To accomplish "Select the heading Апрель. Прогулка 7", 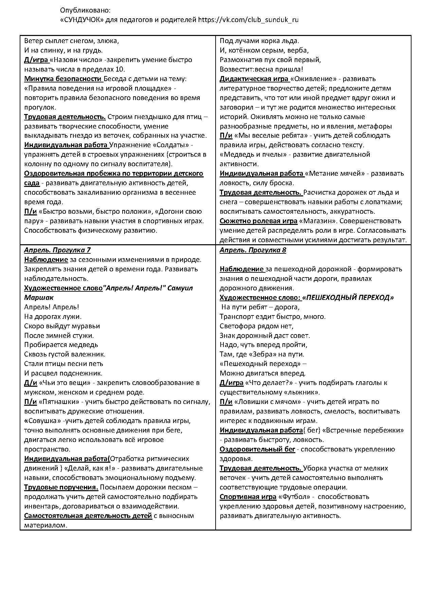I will point(57,250).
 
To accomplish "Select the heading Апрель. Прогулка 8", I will point(253,250).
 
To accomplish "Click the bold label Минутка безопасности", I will point(63,79).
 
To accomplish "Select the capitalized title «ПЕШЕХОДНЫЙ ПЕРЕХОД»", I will point(348,297).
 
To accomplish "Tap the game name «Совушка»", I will point(44,421).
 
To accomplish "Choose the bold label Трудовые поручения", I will point(61,487).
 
